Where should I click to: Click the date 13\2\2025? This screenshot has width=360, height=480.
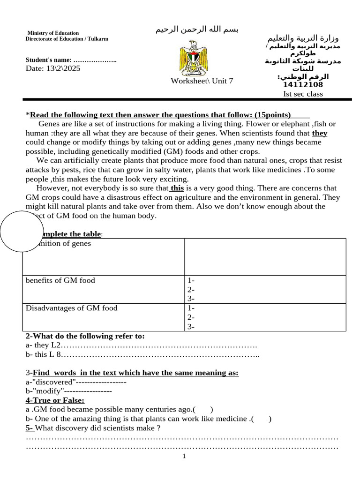tap(53, 68)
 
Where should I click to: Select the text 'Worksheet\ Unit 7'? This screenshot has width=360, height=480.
tap(202, 81)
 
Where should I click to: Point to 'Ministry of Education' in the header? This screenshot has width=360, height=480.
tap(53, 33)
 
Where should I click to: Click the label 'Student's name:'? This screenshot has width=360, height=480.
tap(49, 60)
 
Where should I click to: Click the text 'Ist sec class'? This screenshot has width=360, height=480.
tap(303, 94)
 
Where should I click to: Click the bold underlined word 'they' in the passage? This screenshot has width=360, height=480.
tap(320, 133)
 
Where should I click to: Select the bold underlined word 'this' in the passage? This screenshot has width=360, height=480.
tap(177, 188)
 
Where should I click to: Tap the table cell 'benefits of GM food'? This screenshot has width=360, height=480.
tap(60, 280)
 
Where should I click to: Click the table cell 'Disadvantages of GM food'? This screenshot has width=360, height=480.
tap(71, 308)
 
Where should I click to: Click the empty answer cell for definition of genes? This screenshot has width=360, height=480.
tap(265, 257)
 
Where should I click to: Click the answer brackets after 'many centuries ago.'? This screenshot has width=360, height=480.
tap(205, 409)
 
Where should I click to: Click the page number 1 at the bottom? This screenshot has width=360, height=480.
tap(184, 456)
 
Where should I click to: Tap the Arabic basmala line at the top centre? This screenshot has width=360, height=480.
tap(197, 30)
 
